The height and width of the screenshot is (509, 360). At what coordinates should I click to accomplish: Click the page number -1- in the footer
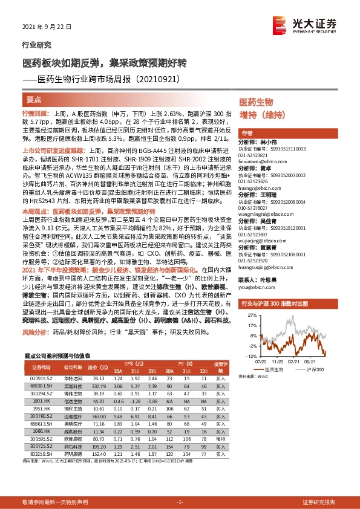point(179,502)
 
